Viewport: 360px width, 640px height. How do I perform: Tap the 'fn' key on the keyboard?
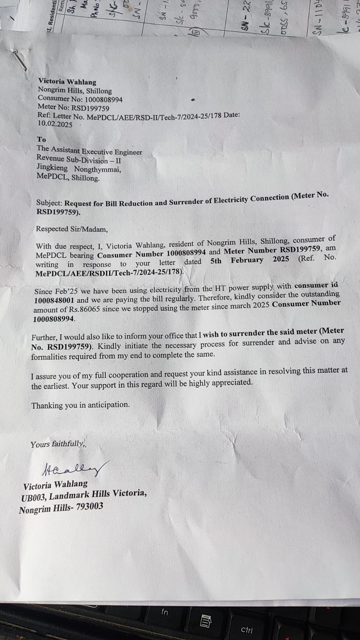coord(164,612)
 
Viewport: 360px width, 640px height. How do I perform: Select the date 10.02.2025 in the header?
coord(55,124)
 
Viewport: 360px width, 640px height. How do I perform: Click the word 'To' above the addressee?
coord(42,140)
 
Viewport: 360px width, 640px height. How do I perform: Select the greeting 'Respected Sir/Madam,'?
coord(72,229)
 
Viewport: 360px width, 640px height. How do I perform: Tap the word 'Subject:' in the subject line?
coord(49,203)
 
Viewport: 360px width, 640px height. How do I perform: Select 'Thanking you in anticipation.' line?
coord(80,405)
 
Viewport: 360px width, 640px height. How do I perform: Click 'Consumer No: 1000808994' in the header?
coord(80,99)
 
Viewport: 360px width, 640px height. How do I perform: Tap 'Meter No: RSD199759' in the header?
coord(73,108)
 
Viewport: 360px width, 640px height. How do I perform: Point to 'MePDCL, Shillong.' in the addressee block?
coord(68,178)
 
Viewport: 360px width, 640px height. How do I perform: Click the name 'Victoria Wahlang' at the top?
coord(67,82)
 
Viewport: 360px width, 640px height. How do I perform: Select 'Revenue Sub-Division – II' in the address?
coord(79,160)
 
